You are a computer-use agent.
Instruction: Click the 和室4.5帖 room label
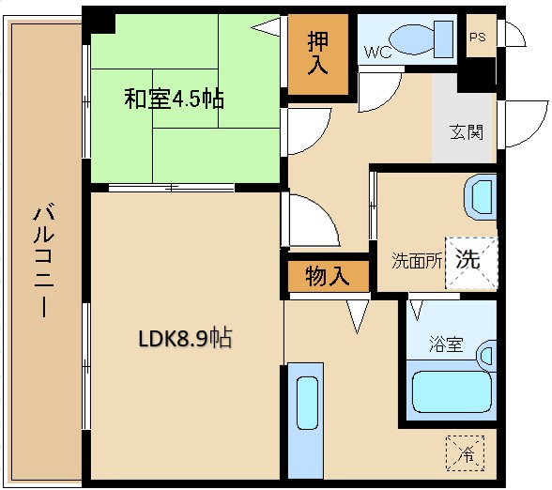pos(175,98)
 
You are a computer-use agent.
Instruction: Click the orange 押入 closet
pos(318,55)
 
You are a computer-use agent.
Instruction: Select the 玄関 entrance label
pos(466,131)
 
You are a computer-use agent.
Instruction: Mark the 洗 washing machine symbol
pos(468,258)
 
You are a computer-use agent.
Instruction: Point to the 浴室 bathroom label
pos(445,345)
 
